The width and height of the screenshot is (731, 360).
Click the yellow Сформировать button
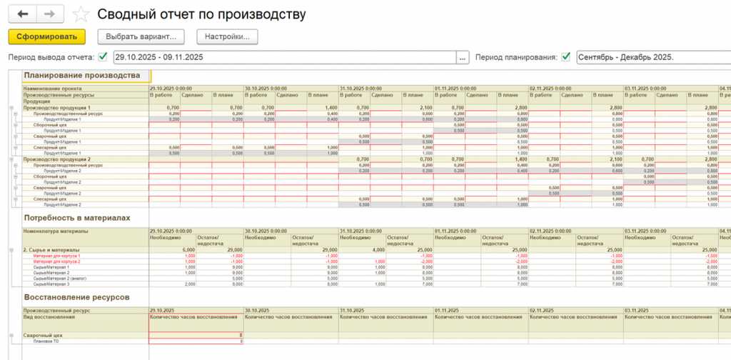tap(46, 36)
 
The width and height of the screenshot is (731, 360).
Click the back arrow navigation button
tap(22, 14)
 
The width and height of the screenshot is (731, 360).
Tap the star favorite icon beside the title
tap(82, 14)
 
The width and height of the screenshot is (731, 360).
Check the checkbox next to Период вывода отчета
tap(103, 57)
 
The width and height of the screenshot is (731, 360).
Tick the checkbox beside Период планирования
tap(566, 57)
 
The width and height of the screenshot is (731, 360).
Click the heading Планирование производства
tap(81, 75)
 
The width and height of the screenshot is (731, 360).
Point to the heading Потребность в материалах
tap(76, 217)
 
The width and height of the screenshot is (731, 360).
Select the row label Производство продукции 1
tap(58, 107)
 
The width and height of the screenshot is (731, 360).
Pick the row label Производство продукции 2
tap(58, 159)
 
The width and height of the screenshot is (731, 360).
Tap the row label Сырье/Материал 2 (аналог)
tap(60, 278)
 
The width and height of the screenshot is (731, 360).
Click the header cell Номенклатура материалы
tap(56, 231)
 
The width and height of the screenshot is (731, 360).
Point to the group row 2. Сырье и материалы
tap(51, 250)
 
